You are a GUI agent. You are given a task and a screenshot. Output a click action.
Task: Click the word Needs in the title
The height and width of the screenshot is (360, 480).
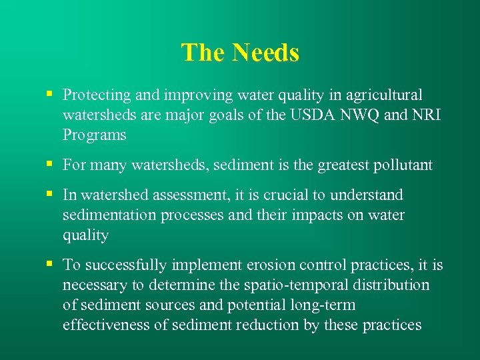click(266, 53)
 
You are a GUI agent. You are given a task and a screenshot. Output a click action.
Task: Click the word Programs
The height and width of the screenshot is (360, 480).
click(94, 135)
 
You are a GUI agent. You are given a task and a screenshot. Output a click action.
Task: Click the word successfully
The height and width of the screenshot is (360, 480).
click(123, 265)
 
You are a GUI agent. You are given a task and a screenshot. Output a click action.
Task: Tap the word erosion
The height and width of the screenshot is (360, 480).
click(271, 265)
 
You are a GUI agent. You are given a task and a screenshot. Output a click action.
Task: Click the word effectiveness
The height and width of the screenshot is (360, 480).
click(109, 325)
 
